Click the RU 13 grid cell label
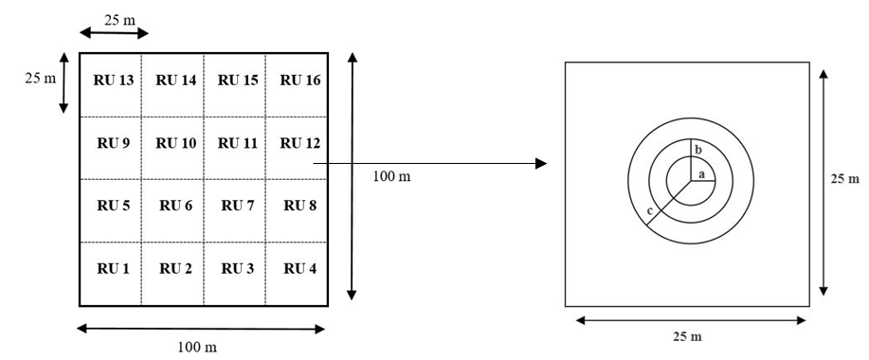pyautogui.click(x=114, y=81)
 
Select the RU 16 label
pyautogui.click(x=299, y=81)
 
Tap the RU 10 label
pyautogui.click(x=175, y=143)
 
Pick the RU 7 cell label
pyautogui.click(x=238, y=206)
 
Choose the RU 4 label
pyautogui.click(x=299, y=269)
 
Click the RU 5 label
pyautogui.click(x=114, y=206)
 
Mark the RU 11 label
pyautogui.click(x=238, y=143)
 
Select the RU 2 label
pyautogui.click(x=175, y=269)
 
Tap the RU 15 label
pyautogui.click(x=238, y=81)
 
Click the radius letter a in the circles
pyautogui.click(x=700, y=174)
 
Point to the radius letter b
pyautogui.click(x=698, y=150)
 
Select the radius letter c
pyautogui.click(x=650, y=211)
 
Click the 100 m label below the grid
pyautogui.click(x=197, y=348)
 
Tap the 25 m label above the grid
pyautogui.click(x=119, y=20)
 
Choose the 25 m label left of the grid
pyautogui.click(x=41, y=79)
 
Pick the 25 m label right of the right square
pyautogui.click(x=845, y=179)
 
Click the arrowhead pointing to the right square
pyautogui.click(x=541, y=163)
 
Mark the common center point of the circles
pyautogui.click(x=691, y=181)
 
